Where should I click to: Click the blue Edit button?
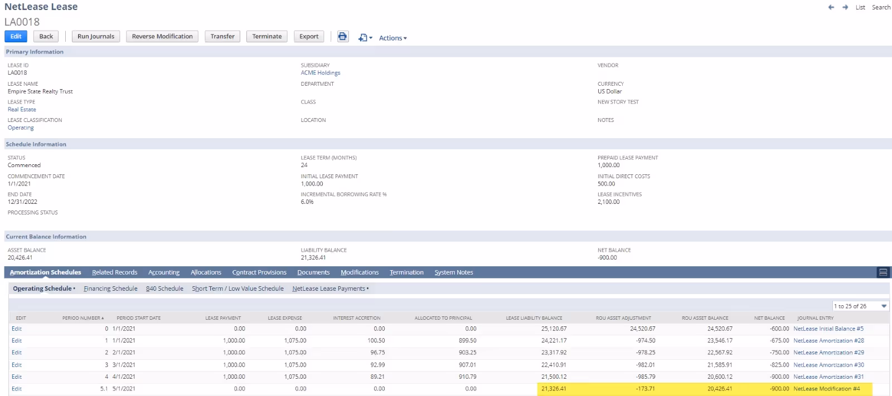16,36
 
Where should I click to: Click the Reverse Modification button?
162,36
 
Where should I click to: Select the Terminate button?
266,36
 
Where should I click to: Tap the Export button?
309,36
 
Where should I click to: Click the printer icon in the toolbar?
342,36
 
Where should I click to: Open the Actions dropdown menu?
392,38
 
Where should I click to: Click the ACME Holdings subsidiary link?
320,72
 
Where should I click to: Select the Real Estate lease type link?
22,109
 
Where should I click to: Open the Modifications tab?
360,272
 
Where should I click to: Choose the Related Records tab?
114,272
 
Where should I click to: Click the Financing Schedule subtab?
110,289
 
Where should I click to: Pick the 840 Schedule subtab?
164,289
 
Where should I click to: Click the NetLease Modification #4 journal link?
826,389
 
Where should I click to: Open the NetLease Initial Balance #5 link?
828,329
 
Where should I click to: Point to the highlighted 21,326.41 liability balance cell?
553,389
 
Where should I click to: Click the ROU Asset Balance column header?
705,318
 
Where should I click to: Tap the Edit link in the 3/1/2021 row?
17,365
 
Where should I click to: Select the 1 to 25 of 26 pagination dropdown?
860,306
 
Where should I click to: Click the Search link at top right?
881,7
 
